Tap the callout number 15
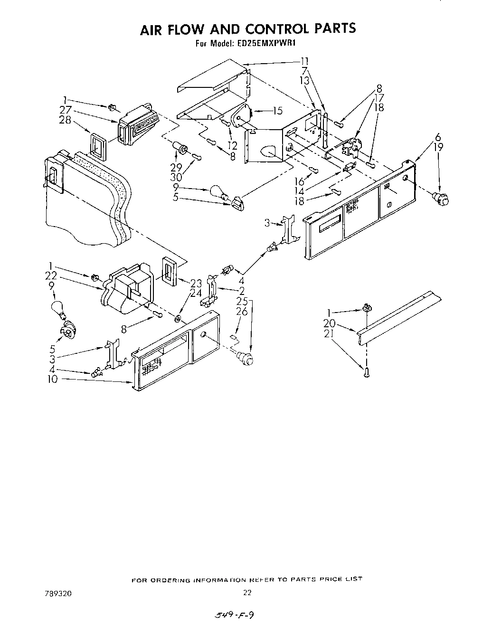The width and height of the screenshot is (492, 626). click(277, 111)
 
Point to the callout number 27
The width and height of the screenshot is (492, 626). click(66, 111)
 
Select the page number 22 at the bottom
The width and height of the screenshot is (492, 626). click(246, 592)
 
